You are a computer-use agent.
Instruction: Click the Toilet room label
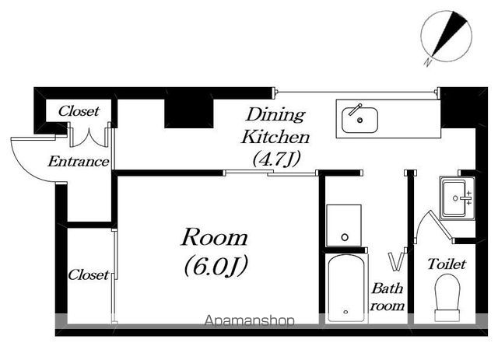pos(447,264)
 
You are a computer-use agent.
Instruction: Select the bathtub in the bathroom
pos(346,288)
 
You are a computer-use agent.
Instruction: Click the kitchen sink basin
pos(359,120)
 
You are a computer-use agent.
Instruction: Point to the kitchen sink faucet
pos(356,110)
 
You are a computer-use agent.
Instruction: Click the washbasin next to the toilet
pos(457,198)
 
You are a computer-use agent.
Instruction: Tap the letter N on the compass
pos(428,62)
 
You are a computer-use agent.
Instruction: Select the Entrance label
pos(79,162)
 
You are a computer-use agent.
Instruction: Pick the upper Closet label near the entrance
pos(79,111)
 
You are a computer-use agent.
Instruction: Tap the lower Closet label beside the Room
pos(89,275)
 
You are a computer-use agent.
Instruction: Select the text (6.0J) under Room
pos(216,266)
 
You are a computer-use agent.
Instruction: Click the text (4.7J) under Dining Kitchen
pos(276,159)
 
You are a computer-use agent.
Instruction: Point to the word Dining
pos(275,115)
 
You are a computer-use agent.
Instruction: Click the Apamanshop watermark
pos(249,321)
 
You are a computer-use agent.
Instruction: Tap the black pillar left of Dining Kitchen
pos(188,114)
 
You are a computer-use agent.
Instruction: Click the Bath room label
pos(388,297)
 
